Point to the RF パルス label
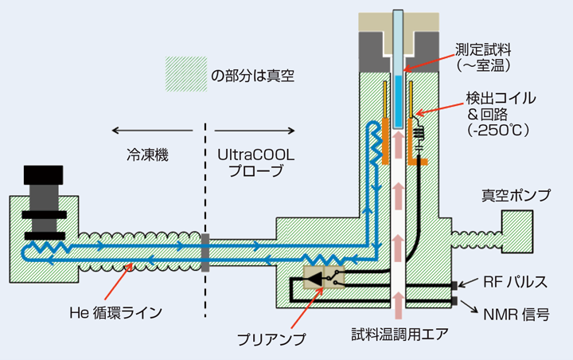click(x=515, y=282)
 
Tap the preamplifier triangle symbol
click(x=315, y=279)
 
